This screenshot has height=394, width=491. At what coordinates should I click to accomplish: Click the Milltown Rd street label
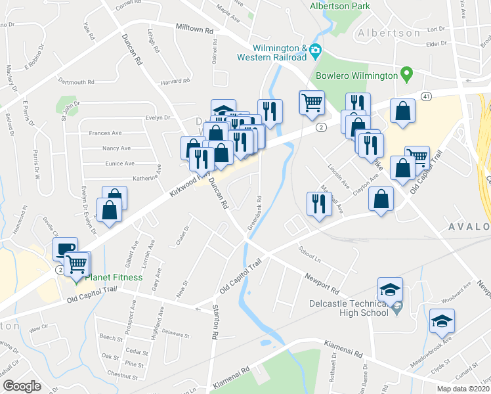point(194,30)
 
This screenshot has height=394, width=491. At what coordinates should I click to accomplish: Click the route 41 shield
point(426,96)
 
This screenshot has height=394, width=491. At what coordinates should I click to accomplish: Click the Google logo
point(21,386)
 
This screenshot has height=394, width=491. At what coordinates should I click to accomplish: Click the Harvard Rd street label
point(175,82)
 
